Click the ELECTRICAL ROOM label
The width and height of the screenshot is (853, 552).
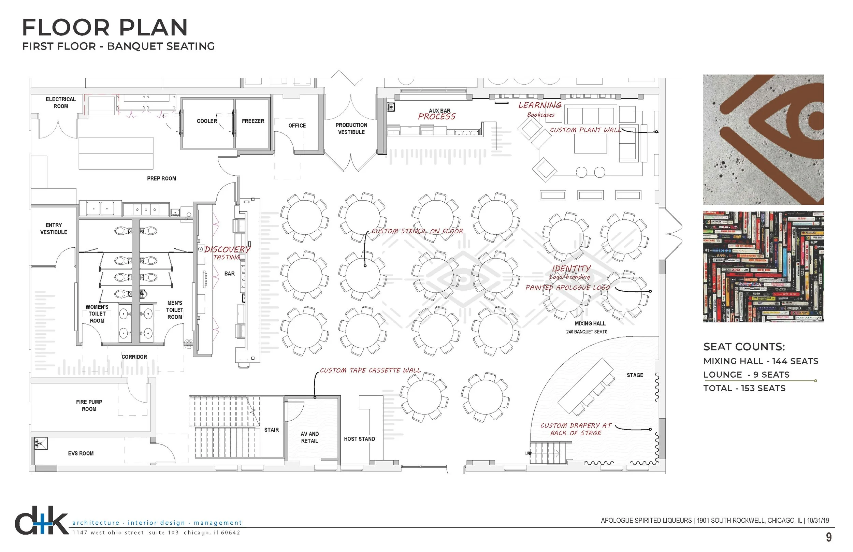61,102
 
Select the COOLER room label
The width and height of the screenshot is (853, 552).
207,121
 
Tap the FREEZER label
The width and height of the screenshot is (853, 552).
253,121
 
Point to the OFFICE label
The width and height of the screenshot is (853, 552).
297,126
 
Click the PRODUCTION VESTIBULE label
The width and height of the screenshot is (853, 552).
351,128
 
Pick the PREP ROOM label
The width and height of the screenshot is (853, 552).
161,178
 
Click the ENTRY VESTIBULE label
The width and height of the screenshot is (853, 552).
54,229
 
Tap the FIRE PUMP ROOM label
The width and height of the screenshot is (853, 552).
89,405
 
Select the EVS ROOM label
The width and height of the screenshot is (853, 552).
81,453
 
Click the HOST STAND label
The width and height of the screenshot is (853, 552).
359,439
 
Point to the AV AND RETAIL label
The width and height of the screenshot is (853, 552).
309,437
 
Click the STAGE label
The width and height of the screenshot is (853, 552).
635,375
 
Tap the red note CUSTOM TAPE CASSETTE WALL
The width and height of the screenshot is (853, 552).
370,370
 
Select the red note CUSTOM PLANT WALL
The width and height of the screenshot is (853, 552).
585,130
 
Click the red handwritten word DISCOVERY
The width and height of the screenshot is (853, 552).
227,249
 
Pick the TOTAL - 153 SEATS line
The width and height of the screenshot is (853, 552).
744,388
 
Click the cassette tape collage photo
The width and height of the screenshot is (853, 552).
763,266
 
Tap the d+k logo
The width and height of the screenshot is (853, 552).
41,521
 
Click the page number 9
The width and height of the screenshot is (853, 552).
828,537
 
